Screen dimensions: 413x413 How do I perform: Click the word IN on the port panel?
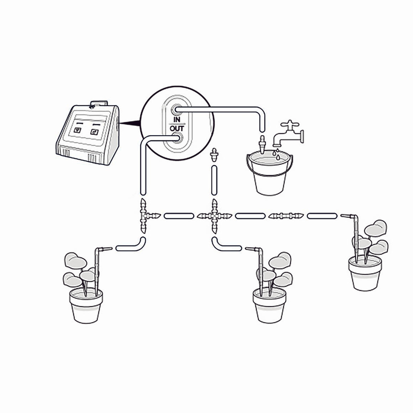177,119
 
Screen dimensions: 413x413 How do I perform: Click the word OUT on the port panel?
177,129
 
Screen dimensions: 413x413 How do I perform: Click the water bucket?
270,172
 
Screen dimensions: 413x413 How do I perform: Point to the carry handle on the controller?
99,104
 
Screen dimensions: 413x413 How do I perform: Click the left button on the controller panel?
78,130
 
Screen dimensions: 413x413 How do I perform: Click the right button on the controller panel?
95,132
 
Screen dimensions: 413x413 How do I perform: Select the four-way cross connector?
215,216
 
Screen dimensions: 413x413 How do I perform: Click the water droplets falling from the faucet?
277,154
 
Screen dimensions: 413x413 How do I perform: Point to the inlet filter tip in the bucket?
262,145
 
